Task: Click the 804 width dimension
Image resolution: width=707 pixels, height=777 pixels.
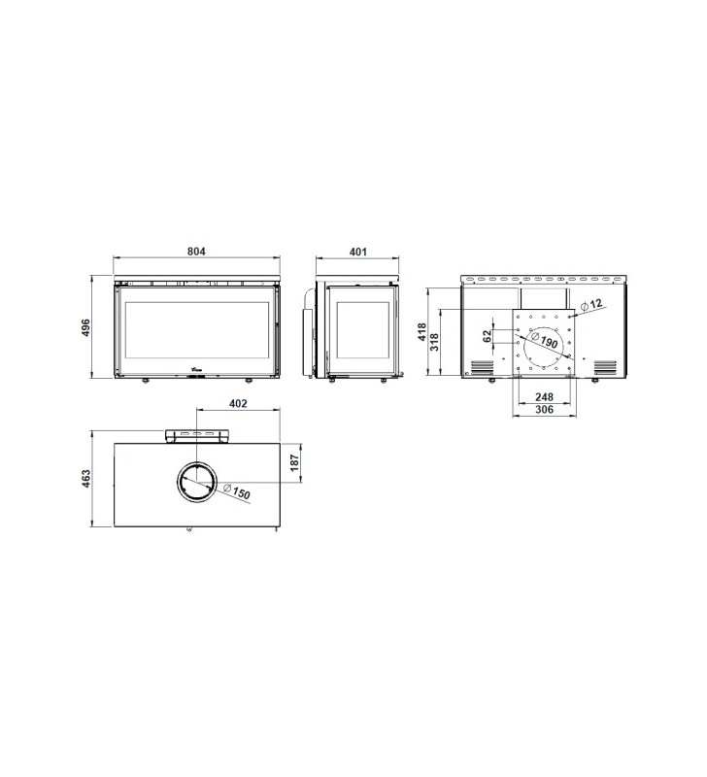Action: pyautogui.click(x=196, y=252)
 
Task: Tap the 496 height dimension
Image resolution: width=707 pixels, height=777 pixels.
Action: pyautogui.click(x=85, y=327)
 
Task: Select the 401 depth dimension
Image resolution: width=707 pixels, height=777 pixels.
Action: pyautogui.click(x=357, y=252)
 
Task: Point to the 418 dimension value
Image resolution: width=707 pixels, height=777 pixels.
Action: pyautogui.click(x=421, y=331)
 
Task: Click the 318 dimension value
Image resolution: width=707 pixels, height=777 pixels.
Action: pyautogui.click(x=434, y=343)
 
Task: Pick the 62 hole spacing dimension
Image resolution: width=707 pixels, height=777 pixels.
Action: pyautogui.click(x=488, y=335)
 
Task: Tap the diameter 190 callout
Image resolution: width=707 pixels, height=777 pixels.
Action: pyautogui.click(x=545, y=340)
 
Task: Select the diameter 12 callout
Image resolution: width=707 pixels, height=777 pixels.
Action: pyautogui.click(x=591, y=304)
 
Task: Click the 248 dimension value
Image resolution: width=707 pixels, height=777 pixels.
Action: pyautogui.click(x=544, y=397)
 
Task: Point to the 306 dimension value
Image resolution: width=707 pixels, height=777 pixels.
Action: pyautogui.click(x=544, y=409)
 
